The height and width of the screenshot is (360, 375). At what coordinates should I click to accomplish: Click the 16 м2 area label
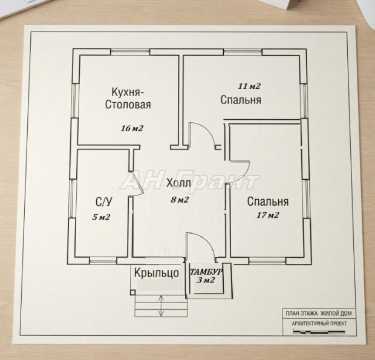(x=132, y=128)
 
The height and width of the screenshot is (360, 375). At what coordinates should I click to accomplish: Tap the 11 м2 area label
(x=249, y=86)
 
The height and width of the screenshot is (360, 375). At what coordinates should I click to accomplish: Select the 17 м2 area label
(x=268, y=215)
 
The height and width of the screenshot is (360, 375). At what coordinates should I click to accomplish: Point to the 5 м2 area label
(x=101, y=217)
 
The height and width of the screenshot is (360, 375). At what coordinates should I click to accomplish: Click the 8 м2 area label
(x=180, y=200)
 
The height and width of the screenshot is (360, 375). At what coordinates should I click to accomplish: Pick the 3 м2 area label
(x=206, y=280)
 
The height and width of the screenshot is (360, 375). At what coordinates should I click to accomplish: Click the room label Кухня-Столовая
(x=128, y=98)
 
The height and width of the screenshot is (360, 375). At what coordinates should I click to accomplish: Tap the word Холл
(x=178, y=183)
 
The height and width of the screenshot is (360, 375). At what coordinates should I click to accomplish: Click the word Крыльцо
(x=157, y=273)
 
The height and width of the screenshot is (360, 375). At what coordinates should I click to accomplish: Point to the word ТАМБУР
(x=206, y=272)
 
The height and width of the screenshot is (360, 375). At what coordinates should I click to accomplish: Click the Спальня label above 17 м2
(x=267, y=201)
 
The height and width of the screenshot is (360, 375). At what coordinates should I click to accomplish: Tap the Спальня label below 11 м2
(x=241, y=100)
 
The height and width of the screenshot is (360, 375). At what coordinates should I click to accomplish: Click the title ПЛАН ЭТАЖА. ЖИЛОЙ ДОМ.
(x=319, y=313)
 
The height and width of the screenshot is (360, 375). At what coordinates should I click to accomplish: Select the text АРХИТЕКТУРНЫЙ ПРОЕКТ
(x=319, y=324)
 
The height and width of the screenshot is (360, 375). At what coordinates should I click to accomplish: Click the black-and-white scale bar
(x=319, y=332)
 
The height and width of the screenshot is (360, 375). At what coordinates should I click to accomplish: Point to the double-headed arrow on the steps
(x=161, y=306)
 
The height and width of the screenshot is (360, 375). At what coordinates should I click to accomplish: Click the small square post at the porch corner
(x=132, y=292)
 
